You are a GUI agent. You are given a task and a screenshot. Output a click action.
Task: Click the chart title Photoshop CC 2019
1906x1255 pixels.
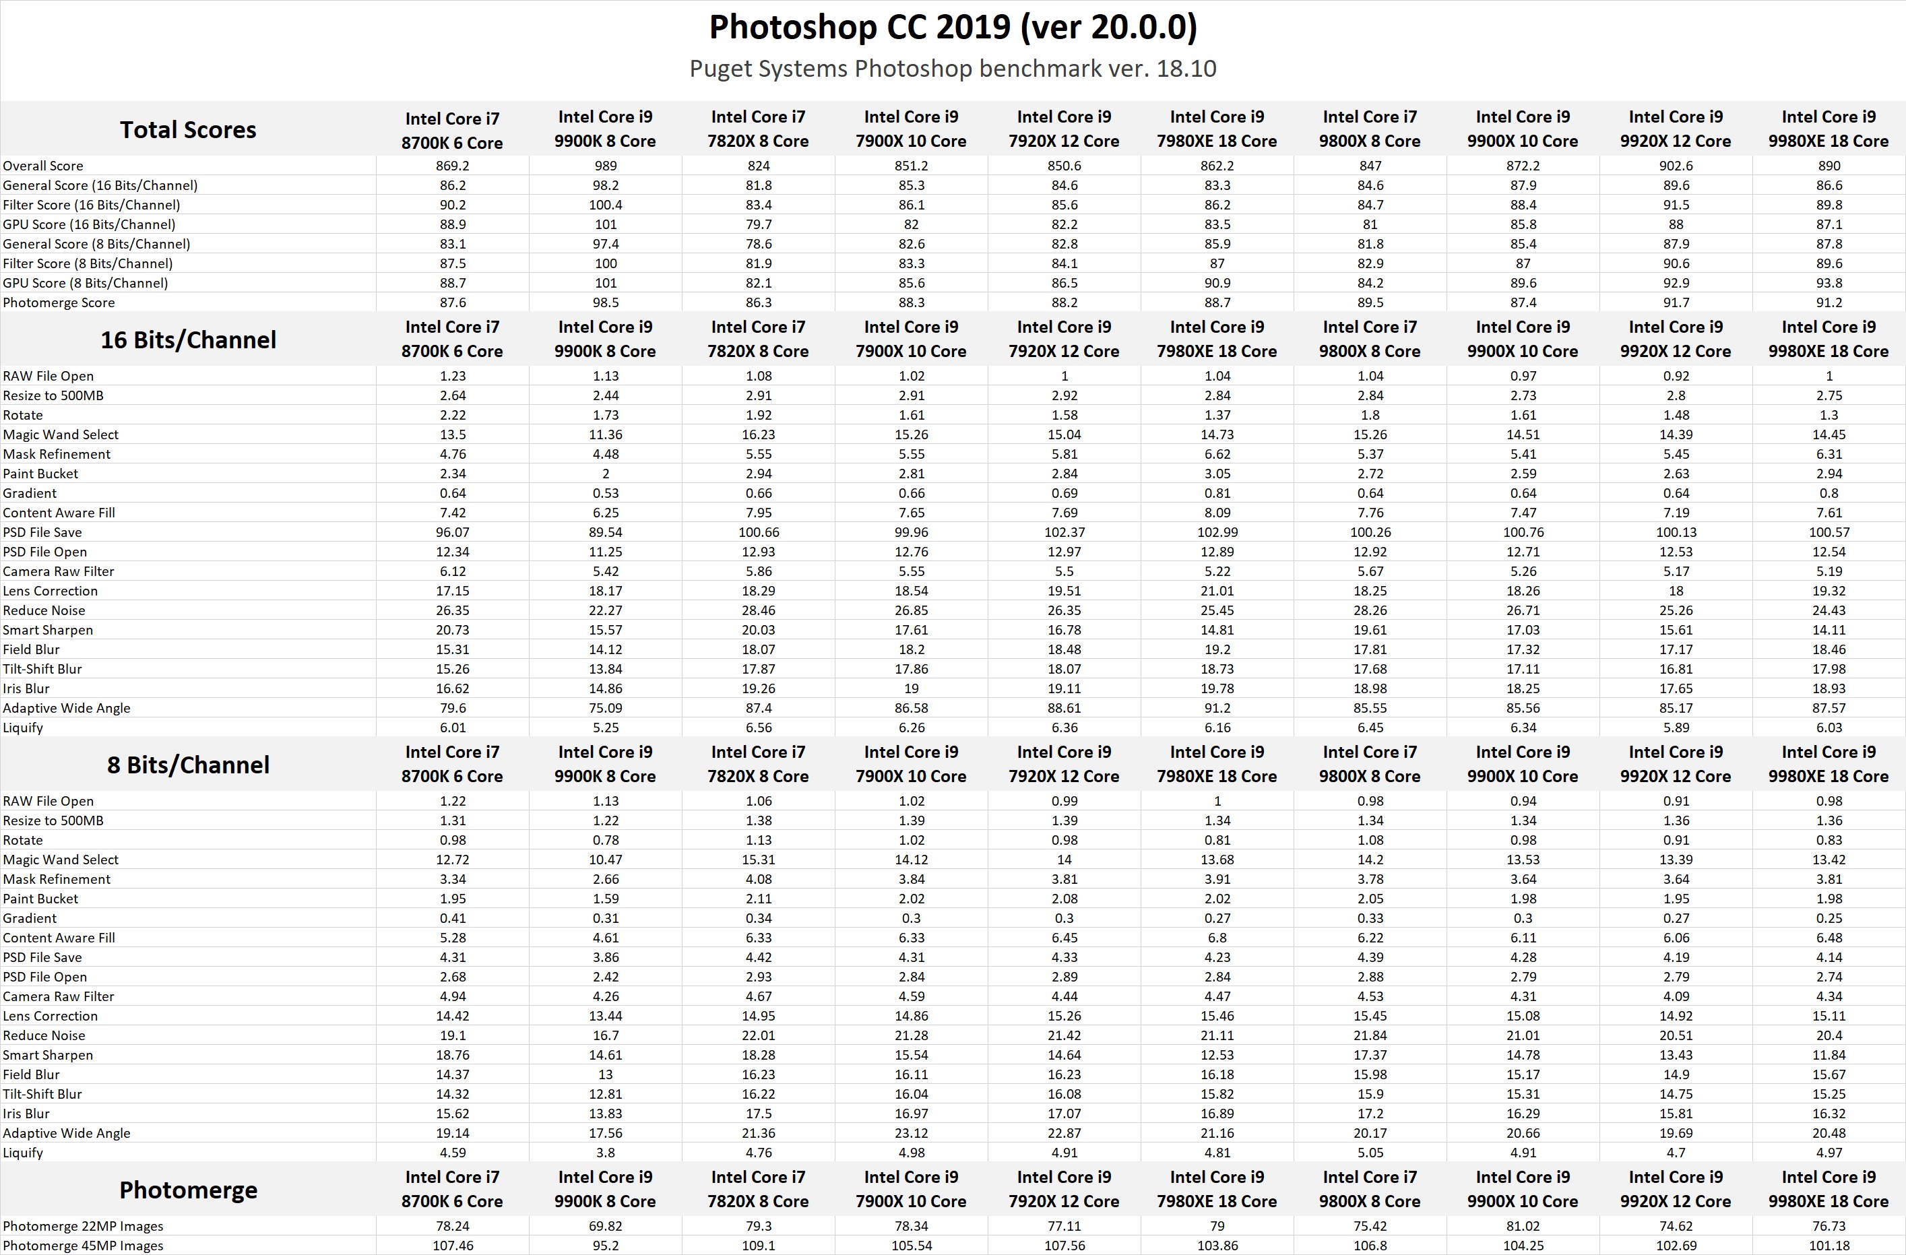(952, 27)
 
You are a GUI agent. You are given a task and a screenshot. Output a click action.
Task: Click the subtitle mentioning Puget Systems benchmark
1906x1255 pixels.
(952, 69)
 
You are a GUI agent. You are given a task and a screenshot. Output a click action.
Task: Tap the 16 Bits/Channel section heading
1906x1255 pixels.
(188, 340)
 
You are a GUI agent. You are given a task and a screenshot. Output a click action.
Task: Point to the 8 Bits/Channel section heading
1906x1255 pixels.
(188, 765)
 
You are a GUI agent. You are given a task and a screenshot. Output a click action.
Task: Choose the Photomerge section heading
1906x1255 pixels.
(188, 1190)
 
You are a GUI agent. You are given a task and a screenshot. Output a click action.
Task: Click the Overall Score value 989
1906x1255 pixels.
(606, 166)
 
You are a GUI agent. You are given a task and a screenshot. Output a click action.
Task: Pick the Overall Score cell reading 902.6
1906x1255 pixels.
(1676, 166)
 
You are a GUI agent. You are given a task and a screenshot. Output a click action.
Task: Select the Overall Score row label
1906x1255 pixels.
(43, 166)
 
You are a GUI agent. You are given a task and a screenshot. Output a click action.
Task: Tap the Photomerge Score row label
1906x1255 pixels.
(59, 302)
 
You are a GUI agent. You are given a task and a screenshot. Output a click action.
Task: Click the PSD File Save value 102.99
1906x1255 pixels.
(1217, 533)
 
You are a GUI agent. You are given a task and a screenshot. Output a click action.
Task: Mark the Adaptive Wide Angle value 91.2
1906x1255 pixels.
(1217, 708)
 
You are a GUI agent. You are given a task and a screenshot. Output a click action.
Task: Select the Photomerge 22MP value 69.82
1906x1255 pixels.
(606, 1226)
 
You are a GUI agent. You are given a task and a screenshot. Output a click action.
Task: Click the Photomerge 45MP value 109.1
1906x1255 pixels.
(759, 1246)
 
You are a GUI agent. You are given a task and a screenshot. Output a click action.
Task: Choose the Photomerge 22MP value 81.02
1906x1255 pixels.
(1523, 1226)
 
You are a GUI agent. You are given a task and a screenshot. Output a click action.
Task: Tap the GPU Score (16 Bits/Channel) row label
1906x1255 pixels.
(89, 224)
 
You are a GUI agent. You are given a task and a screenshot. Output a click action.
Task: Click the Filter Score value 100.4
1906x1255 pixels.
(606, 205)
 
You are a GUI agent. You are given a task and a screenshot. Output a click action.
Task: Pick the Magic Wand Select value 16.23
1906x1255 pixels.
(759, 435)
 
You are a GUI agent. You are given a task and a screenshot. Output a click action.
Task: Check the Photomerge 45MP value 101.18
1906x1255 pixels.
(1829, 1246)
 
